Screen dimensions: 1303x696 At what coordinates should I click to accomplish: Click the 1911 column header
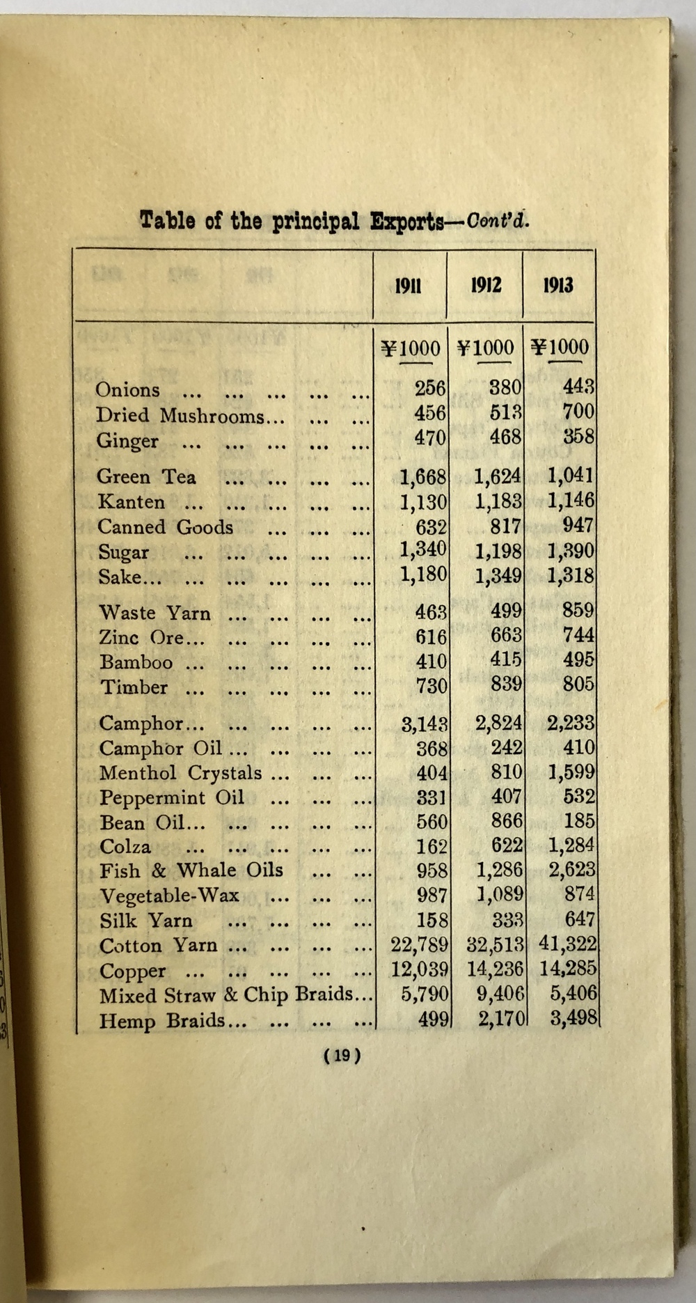coord(408,286)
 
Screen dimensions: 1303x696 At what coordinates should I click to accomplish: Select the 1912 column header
coord(485,285)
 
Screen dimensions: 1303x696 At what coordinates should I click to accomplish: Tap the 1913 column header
coord(558,285)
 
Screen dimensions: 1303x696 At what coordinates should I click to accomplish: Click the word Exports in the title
coord(407,221)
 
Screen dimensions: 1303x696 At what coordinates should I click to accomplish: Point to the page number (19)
coord(342,1056)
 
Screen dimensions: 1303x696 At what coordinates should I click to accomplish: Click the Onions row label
coord(128,390)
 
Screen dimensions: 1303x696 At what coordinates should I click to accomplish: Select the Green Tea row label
coord(147,477)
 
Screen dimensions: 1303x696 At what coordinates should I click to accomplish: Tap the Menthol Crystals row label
coord(180,774)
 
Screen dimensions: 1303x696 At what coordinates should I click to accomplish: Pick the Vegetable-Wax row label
coord(170,896)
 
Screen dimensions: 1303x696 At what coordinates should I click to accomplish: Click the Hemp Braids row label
coord(163,1021)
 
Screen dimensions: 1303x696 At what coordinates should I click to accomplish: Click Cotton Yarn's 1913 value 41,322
coord(567,944)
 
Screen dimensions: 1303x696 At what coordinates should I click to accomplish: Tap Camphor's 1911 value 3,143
coord(424,724)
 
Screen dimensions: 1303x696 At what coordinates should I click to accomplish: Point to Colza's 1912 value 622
coord(506,846)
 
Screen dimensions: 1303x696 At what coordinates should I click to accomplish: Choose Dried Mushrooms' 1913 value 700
coord(578,412)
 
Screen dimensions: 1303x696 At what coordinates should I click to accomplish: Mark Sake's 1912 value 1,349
coord(498,577)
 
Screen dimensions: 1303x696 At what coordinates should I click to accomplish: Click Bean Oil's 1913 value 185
coord(579,821)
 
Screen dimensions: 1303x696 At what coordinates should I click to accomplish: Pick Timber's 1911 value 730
coord(431,686)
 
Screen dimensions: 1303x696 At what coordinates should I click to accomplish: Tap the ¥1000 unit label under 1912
coord(485,348)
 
